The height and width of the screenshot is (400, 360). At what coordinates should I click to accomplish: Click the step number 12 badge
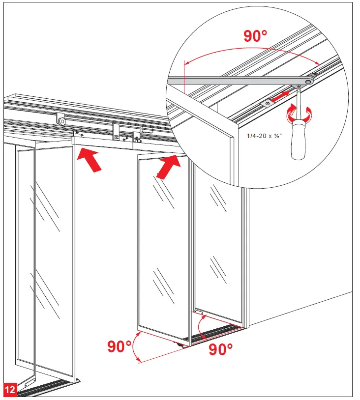10,390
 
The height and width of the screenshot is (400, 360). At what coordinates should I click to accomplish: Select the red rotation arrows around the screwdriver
300,114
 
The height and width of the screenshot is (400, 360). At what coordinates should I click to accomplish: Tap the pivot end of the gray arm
308,79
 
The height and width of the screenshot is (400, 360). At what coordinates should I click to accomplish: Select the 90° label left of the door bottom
119,346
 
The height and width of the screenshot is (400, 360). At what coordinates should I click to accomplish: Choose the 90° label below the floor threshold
221,350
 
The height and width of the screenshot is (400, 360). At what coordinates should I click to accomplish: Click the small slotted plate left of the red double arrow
267,103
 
